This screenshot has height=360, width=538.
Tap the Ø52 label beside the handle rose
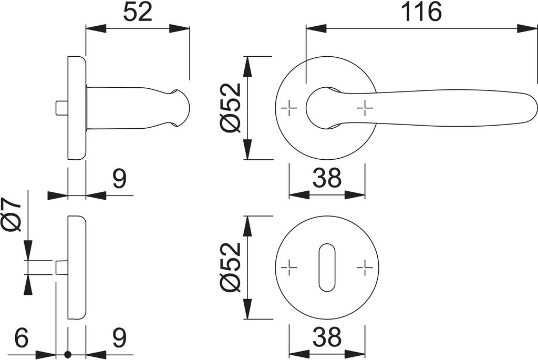231,108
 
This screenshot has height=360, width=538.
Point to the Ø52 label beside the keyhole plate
231,267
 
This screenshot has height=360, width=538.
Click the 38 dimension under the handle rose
327,179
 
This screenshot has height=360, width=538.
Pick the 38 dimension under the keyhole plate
327,337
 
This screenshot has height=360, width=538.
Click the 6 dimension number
21,338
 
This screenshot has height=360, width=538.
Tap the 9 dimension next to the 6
119,338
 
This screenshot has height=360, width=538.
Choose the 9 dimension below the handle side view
119,180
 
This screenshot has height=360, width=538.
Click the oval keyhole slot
327,267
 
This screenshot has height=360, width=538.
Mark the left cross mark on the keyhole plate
289,268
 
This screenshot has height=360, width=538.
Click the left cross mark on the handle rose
289,108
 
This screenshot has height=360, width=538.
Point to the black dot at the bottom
67,355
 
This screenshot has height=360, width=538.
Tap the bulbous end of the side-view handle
181,108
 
